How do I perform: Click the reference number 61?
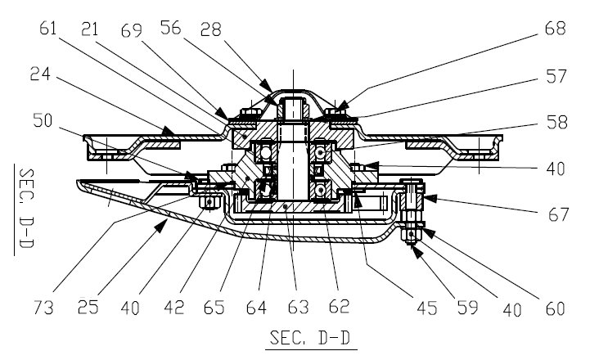coord(48,29)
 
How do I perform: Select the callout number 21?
coord(89,29)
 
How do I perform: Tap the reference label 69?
coord(132,30)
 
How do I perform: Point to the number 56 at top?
coord(171,28)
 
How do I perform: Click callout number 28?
coord(211,29)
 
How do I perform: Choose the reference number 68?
coord(556,28)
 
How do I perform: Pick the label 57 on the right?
coord(556,76)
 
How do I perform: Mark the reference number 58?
coord(557,123)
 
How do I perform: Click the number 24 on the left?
coord(40,74)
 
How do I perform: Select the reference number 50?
coord(43,120)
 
